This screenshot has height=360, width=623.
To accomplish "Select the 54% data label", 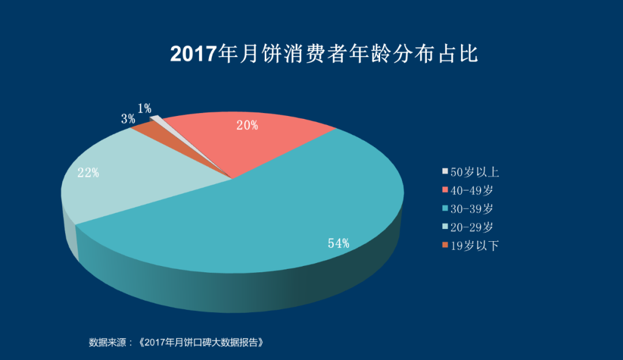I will [x=339, y=243].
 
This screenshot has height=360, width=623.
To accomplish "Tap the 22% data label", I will [x=88, y=172].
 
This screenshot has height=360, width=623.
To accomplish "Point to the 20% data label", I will [x=247, y=125].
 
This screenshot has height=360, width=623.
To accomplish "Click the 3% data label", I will [x=128, y=119].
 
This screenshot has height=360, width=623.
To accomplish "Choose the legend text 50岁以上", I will [x=474, y=171].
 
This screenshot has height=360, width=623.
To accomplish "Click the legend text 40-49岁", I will [x=471, y=190].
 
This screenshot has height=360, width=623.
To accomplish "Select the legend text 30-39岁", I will [x=471, y=208].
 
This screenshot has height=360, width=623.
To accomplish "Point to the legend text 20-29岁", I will [x=471, y=227].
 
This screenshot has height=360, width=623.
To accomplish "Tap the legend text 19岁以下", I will [x=474, y=245].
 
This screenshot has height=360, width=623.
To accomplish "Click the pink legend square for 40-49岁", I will [x=445, y=190].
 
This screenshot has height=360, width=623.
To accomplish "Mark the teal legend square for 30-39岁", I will [x=445, y=208].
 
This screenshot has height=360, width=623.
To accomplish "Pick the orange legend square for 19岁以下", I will [x=445, y=245].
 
